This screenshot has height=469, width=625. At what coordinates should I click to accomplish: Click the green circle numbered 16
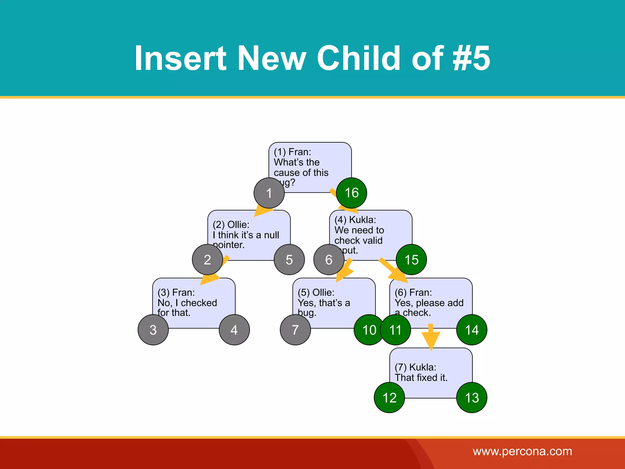351,193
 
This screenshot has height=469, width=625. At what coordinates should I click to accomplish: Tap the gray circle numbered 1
269,193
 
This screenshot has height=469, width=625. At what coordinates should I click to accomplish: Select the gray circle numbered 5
289,260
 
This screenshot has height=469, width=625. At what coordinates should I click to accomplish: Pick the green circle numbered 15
411,260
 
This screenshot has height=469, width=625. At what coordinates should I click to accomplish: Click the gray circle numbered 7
295,330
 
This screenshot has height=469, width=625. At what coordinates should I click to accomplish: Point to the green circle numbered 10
369,330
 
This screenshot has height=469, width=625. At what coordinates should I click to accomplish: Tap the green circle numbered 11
396,330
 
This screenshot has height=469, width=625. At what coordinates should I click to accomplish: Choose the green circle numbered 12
389,398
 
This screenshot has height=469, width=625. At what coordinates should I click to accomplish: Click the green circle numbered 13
471,398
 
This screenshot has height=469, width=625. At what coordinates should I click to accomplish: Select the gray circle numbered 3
153,330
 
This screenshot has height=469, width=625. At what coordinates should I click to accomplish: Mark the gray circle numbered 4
234,330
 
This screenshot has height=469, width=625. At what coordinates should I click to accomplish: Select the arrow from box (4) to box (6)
394,270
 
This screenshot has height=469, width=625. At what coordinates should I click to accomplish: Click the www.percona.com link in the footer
522,451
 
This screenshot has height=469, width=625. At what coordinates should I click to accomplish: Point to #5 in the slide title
471,58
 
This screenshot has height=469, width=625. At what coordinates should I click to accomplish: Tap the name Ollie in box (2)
238,225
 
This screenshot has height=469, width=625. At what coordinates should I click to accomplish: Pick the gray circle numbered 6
329,260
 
